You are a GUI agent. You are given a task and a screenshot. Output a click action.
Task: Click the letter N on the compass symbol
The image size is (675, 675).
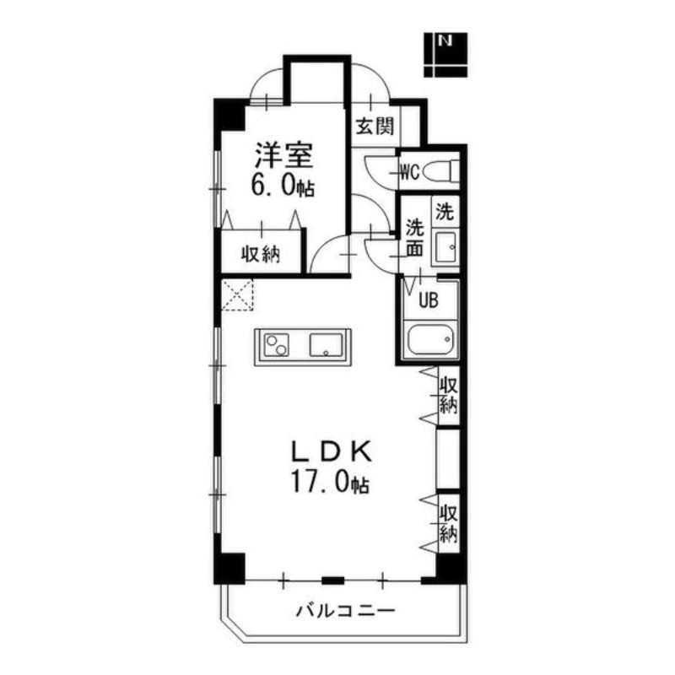(445, 40)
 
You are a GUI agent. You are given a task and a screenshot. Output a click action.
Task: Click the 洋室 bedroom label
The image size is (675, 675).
(283, 155)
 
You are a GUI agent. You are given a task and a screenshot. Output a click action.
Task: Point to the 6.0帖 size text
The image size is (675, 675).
(283, 186)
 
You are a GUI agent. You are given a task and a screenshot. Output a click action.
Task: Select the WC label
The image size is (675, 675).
(409, 173)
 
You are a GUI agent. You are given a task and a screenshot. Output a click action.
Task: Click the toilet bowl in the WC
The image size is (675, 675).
(438, 172)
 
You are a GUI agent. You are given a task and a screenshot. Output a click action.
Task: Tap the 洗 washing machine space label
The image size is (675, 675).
(445, 212)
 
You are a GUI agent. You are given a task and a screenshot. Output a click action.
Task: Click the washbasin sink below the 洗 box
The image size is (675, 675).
(445, 247)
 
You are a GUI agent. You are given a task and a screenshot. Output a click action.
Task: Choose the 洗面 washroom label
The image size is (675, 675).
(415, 238)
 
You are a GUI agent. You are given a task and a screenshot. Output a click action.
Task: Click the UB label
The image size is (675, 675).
(429, 300)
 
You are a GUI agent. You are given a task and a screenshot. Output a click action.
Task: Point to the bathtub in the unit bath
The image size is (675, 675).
(430, 340)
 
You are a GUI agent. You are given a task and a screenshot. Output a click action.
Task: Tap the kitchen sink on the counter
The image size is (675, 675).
(326, 345)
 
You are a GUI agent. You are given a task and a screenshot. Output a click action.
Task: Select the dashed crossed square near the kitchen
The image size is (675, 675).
(237, 294)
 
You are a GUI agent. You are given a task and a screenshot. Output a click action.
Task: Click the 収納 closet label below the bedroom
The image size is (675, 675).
(260, 255)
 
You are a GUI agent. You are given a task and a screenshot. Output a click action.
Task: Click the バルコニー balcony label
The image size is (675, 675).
(345, 610)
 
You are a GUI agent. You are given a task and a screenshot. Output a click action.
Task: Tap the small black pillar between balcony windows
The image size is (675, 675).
(332, 580)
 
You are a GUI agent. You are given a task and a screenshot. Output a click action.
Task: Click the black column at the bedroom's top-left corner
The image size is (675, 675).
(229, 115)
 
